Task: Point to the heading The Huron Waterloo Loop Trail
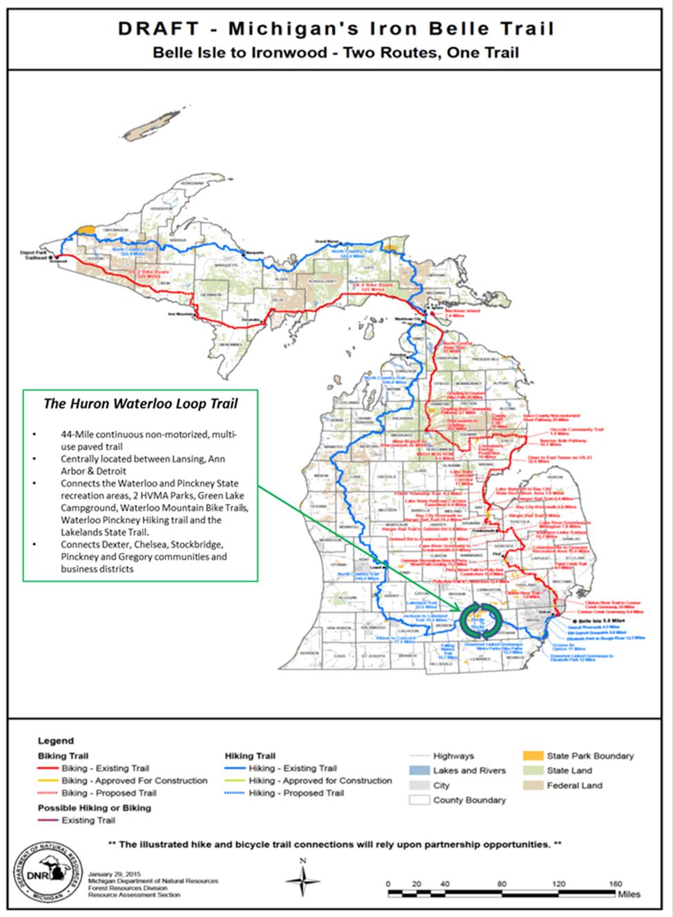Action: coord(132,403)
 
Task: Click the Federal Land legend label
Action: coord(574,785)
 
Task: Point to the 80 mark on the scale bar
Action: coord(502,884)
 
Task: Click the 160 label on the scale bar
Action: coord(616,884)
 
